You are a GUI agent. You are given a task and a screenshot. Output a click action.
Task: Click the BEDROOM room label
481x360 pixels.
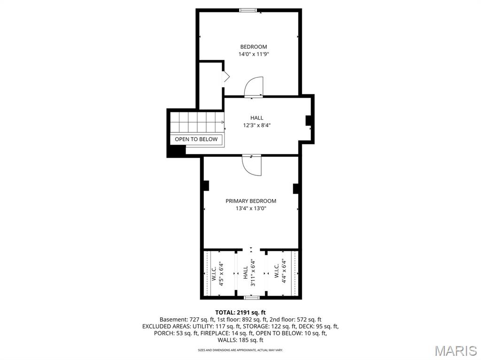click(x=254, y=46)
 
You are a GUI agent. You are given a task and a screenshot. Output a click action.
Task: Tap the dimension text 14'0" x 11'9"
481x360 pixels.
click(x=254, y=54)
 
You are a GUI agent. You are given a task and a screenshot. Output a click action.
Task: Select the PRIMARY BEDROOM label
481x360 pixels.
click(x=251, y=201)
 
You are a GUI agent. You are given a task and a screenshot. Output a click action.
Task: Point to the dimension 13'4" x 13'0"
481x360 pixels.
click(x=251, y=208)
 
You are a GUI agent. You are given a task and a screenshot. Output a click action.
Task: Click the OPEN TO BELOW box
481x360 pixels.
click(x=196, y=139)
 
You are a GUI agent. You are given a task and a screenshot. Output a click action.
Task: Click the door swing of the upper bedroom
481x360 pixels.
click(x=254, y=87)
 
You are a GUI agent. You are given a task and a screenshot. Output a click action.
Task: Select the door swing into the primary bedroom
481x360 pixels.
click(x=252, y=165)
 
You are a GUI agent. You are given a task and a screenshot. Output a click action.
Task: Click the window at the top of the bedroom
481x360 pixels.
click(x=248, y=10)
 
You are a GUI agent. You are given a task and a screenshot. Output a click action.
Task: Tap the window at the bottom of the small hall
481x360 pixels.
click(x=251, y=297)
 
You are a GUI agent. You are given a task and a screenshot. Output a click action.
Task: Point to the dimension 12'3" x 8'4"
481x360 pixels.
click(x=256, y=125)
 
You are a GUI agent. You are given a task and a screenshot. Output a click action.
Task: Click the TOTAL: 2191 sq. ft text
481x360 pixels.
click(x=240, y=312)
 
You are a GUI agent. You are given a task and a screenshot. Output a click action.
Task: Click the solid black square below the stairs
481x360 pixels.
click(x=176, y=151)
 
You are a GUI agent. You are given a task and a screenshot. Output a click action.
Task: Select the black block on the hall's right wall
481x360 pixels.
click(x=309, y=121)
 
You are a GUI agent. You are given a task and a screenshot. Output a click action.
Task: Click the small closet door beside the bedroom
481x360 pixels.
click(x=225, y=77)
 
